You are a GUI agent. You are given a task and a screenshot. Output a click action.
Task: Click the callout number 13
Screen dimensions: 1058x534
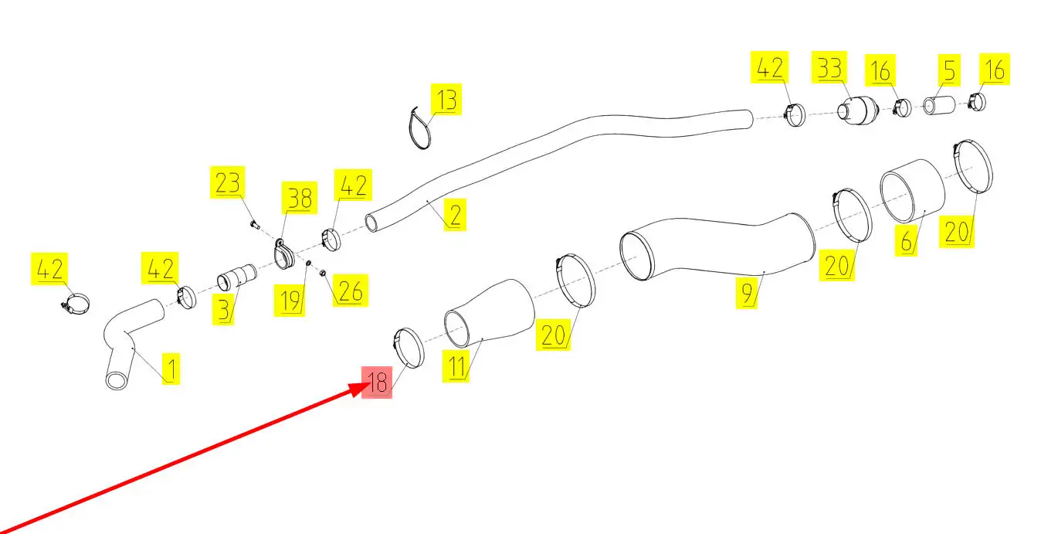tap(446, 100)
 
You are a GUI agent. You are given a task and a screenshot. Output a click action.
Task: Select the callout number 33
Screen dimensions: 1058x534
tap(829, 68)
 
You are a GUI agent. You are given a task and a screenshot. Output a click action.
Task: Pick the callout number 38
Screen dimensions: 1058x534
tap(299, 199)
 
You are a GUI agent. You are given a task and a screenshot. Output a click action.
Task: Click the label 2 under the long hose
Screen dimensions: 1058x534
tap(455, 214)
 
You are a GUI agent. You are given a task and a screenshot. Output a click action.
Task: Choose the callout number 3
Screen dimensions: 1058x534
tap(223, 310)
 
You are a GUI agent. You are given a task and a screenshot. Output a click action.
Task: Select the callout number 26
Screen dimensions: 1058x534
tap(350, 291)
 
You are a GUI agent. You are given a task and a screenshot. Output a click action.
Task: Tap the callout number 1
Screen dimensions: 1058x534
tap(171, 370)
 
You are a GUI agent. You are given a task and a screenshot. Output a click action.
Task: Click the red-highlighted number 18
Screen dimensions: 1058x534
tap(378, 383)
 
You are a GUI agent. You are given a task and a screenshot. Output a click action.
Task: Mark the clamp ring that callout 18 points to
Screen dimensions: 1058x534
tap(409, 348)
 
